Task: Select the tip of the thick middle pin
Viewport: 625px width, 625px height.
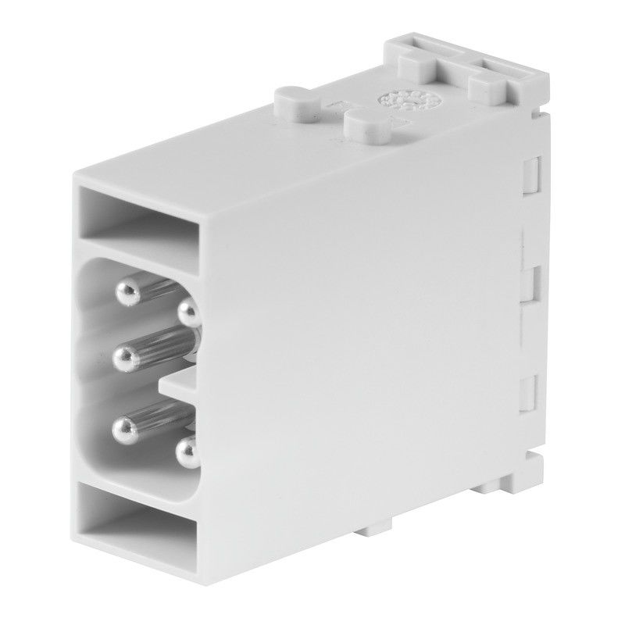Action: tap(125, 359)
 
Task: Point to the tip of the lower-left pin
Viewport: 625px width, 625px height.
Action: tap(124, 427)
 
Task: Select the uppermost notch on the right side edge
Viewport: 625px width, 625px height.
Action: tap(531, 173)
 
